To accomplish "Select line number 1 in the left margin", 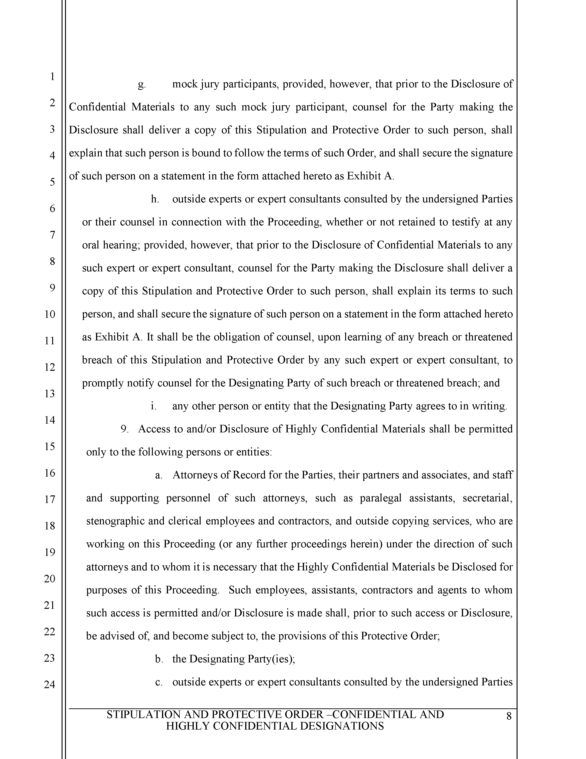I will click(52, 76).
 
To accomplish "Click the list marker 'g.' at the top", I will click(142, 84).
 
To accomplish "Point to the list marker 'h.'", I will click(155, 199).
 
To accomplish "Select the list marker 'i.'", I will click(153, 406).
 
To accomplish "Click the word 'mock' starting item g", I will click(185, 84).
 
